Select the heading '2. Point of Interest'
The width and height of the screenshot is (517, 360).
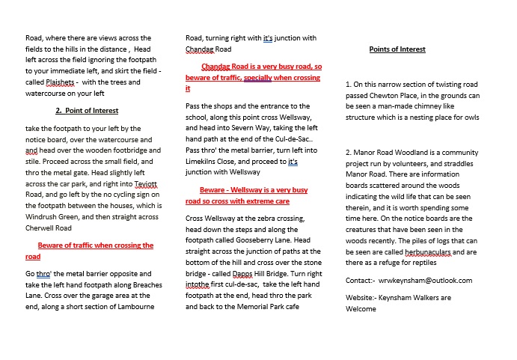pyautogui.click(x=87, y=111)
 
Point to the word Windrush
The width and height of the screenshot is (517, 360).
pyautogui.click(x=43, y=205)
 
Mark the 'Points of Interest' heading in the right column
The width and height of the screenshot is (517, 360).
pyautogui.click(x=397, y=49)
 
